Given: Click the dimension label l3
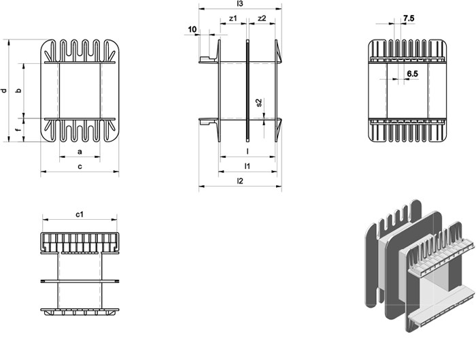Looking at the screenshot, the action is pos(240,3).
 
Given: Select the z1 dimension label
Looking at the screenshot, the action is pos(233,18).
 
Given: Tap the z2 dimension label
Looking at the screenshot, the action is pos(262,18).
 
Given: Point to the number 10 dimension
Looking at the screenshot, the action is pos(192,29).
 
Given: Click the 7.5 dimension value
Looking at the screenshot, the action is pos(409,18).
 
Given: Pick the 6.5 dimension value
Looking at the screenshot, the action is pos(412,73).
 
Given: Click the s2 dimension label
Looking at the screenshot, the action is pos(258,103).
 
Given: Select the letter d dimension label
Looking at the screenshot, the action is pos(3,91).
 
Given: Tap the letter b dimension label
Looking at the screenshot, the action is pos(18,91).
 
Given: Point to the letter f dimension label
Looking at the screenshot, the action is pos(18,130).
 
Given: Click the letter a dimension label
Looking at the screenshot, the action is pos(80,151).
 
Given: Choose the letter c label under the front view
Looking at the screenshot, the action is pos(80,166).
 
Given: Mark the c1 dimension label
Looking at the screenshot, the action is pos(80,214).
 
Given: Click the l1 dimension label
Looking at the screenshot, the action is pos(248,166).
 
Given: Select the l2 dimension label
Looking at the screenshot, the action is pos(240,181).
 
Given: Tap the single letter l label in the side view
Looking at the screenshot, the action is pos(248,151).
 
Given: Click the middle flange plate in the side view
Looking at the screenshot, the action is pos(248,91).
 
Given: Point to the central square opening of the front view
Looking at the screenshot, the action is pos(80,91).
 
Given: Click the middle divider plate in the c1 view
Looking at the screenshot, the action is pos(80,281).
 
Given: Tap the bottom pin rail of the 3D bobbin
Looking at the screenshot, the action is pos(442,307).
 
